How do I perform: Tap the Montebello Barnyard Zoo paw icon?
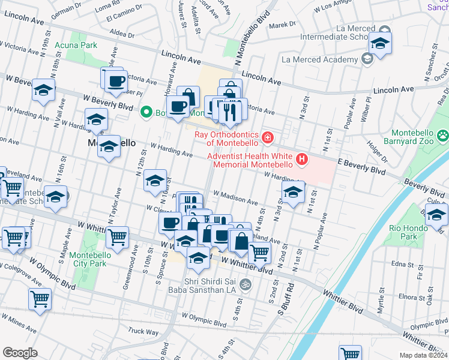(x=443, y=136)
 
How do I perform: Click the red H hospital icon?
(x=302, y=160)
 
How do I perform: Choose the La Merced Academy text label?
(x=319, y=59)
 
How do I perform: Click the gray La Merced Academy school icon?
(x=366, y=59)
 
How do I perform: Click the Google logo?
(x=20, y=353)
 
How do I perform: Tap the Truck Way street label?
(x=143, y=331)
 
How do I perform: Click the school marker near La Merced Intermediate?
(x=380, y=43)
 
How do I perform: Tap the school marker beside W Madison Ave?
(x=292, y=192)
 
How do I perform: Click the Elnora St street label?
(x=399, y=296)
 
